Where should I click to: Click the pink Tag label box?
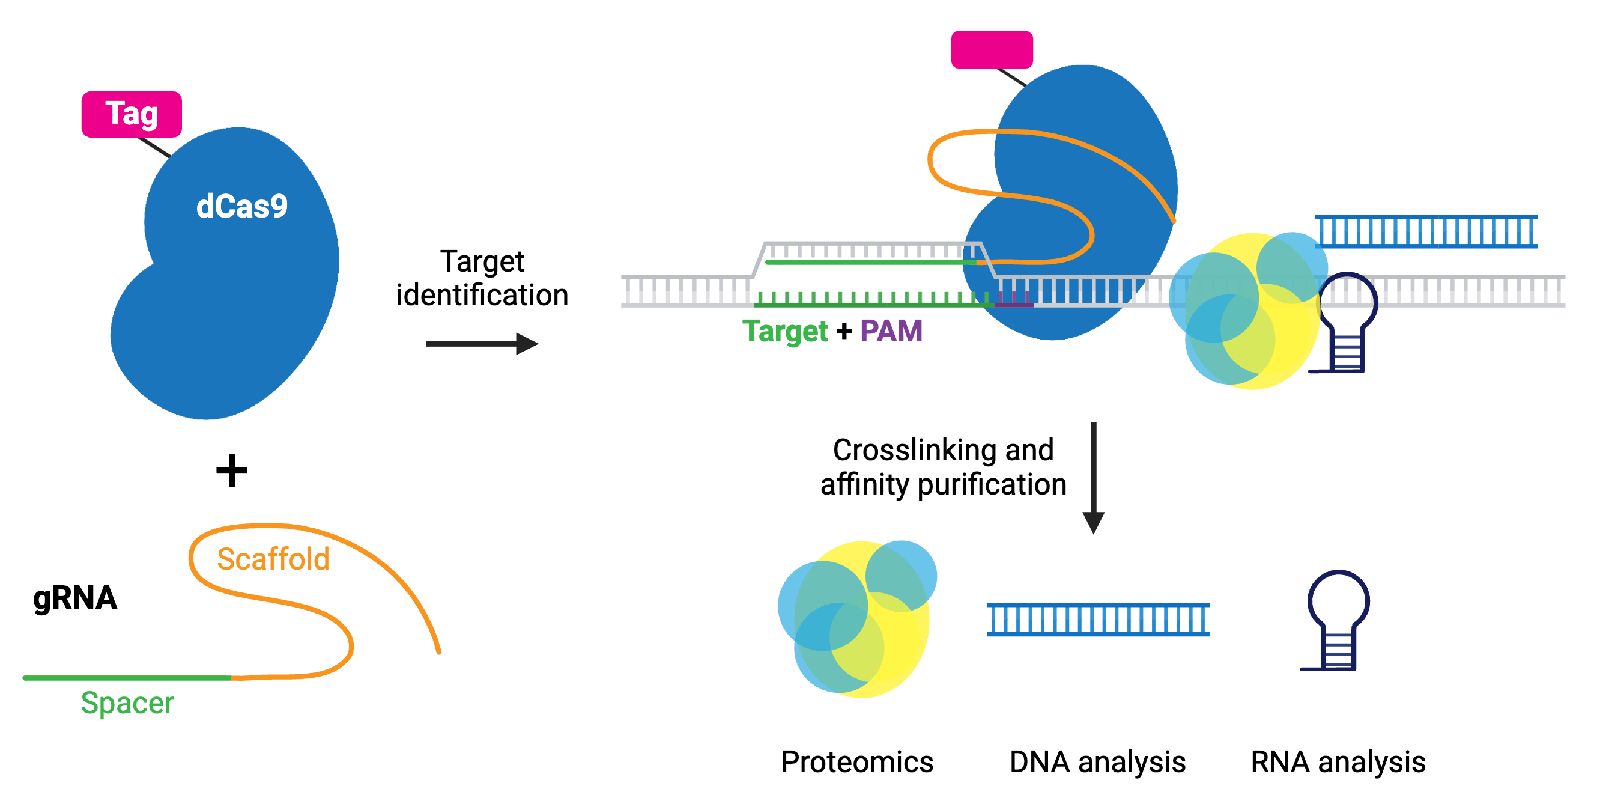click(132, 114)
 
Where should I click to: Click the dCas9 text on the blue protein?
click(242, 207)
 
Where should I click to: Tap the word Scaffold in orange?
click(273, 559)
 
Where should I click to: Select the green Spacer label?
click(127, 703)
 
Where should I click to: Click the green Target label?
click(785, 330)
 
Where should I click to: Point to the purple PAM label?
click(891, 330)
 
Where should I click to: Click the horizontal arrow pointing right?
click(481, 344)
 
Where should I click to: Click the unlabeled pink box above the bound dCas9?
click(992, 50)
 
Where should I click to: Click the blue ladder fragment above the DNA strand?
click(1426, 232)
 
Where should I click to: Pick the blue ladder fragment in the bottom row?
click(1098, 620)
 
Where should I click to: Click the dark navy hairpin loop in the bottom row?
click(1338, 620)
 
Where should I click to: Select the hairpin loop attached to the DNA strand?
click(1347, 323)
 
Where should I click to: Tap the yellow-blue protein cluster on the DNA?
click(1246, 310)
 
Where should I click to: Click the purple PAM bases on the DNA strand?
click(1014, 300)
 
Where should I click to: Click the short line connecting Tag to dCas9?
click(154, 147)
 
